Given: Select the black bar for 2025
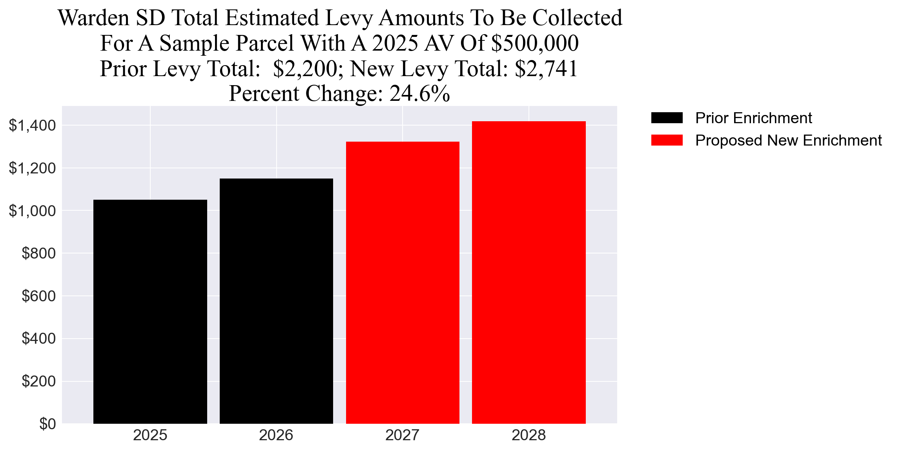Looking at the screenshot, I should [x=150, y=312].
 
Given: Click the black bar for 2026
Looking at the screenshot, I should [x=276, y=301].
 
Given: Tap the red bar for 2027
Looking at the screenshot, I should [x=403, y=282].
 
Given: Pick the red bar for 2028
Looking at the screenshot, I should [x=529, y=272].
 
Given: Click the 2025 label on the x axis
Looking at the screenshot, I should [x=150, y=436].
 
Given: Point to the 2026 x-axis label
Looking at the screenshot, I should [x=276, y=436].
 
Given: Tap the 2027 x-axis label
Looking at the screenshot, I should [x=403, y=436].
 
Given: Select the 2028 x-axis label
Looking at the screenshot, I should [x=529, y=436].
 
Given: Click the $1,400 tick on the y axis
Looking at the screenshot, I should [x=32, y=126].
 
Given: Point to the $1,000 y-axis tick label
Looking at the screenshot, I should [x=32, y=211].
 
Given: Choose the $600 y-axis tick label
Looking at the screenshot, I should [x=38, y=296].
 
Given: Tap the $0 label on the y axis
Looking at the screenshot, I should [x=47, y=424].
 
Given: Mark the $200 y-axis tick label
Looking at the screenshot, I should [x=38, y=381].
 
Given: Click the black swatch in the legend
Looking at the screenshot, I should [x=667, y=118].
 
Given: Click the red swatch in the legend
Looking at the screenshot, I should [x=667, y=140].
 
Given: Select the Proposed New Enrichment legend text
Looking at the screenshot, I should [x=788, y=140].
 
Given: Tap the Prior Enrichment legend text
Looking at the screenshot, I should [x=753, y=118].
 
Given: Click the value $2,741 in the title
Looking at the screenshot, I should [x=546, y=69].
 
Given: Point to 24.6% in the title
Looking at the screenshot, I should [x=419, y=94].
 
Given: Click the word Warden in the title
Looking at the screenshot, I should [x=93, y=18].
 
